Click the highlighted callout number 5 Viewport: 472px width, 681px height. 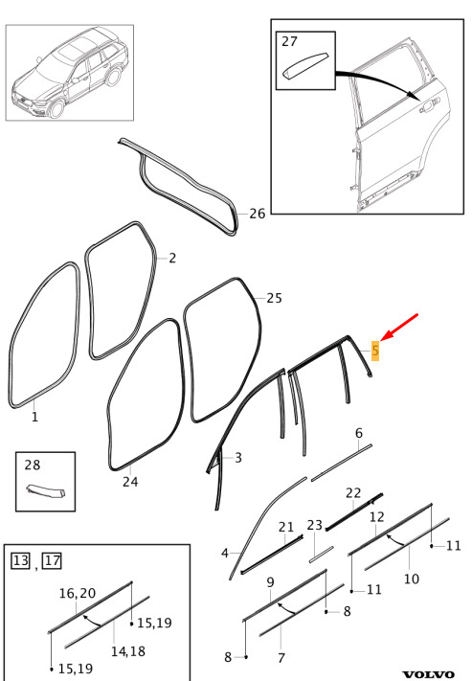click(375, 350)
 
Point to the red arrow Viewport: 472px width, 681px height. click(399, 327)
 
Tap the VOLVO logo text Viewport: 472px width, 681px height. click(429, 674)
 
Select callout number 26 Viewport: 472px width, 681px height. click(257, 214)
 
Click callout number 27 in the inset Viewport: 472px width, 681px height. click(290, 41)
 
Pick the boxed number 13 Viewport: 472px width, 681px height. click(20, 560)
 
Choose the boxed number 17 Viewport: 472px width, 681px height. click(52, 560)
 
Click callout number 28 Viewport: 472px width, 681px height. click(33, 465)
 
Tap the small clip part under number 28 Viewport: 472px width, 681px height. click(46, 491)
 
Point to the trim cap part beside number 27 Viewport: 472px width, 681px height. click(305, 66)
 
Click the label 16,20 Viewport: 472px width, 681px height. click(78, 593)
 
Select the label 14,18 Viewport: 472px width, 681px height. click(127, 651)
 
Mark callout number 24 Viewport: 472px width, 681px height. click(130, 481)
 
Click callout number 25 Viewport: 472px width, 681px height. click(274, 298)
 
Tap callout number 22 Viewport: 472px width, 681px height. click(353, 493)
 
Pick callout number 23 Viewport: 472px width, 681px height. click(314, 525)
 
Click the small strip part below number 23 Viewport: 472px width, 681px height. click(322, 555)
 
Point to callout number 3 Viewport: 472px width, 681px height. click(238, 457)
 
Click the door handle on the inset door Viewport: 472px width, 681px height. click(430, 105)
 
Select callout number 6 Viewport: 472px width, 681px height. click(359, 433)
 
